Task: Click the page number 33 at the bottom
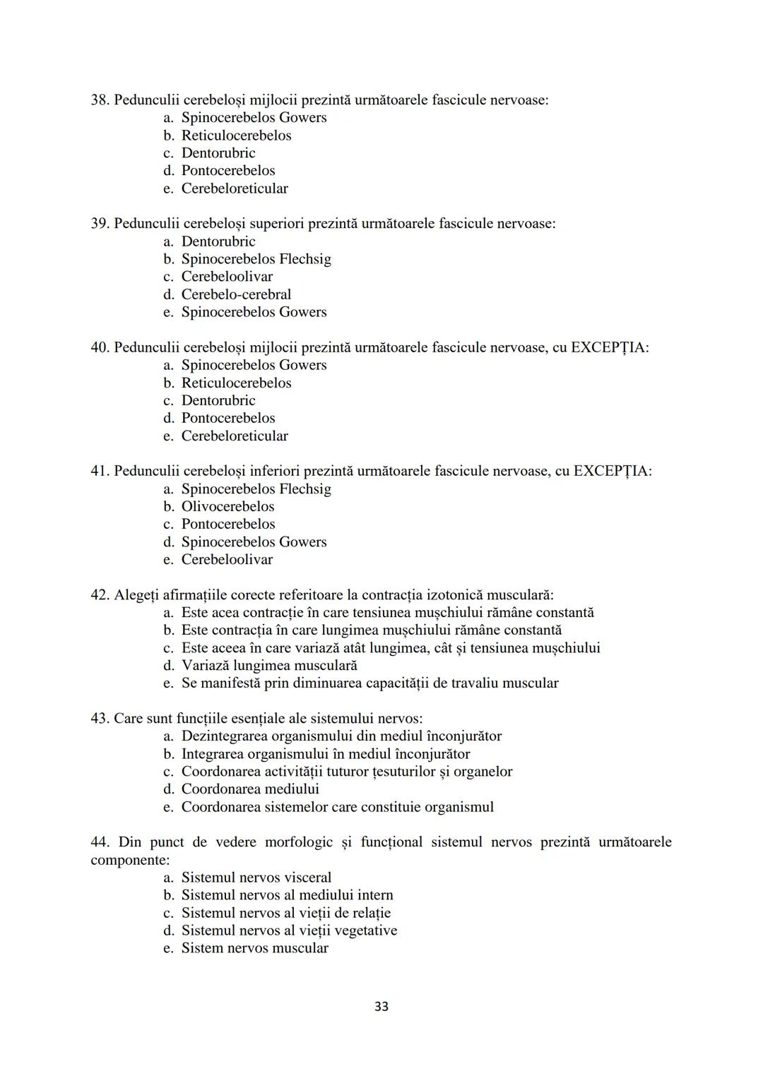pos(381,1006)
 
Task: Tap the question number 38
pos(99,100)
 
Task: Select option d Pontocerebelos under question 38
pos(227,171)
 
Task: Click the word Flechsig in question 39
pos(304,259)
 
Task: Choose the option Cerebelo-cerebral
pos(236,294)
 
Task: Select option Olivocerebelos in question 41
pos(227,506)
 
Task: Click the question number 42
pos(99,595)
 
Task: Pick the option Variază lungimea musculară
pos(268,666)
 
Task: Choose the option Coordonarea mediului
pos(249,789)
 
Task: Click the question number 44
pos(99,842)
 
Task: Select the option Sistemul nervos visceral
pos(256,878)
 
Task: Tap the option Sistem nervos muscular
pos(254,948)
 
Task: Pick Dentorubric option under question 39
pos(218,241)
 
